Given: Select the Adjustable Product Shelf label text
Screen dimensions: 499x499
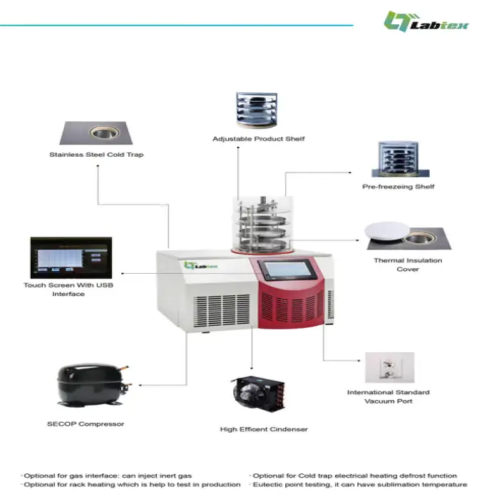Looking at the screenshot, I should pyautogui.click(x=258, y=138).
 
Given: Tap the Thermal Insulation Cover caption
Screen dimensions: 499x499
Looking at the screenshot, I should pyautogui.click(x=408, y=265).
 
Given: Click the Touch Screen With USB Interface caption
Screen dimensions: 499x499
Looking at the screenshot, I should pyautogui.click(x=68, y=289).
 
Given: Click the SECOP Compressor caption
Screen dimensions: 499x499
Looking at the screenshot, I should pyautogui.click(x=86, y=424).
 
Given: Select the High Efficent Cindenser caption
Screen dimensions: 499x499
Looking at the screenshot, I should pyautogui.click(x=264, y=429).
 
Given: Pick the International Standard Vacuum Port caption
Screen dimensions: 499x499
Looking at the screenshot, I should pyautogui.click(x=389, y=396).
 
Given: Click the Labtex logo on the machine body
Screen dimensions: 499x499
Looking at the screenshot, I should pyautogui.click(x=201, y=266).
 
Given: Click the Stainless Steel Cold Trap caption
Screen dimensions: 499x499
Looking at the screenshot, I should pyautogui.click(x=96, y=155).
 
